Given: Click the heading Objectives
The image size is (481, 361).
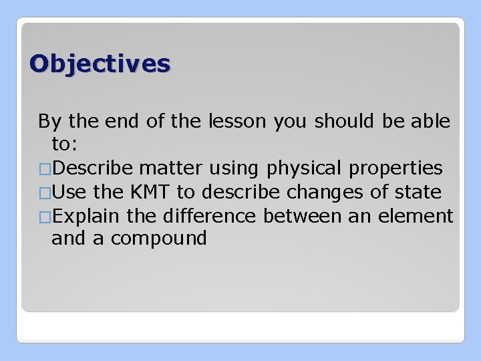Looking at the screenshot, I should click(x=100, y=64).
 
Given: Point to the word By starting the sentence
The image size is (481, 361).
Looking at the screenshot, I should click(x=48, y=122).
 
